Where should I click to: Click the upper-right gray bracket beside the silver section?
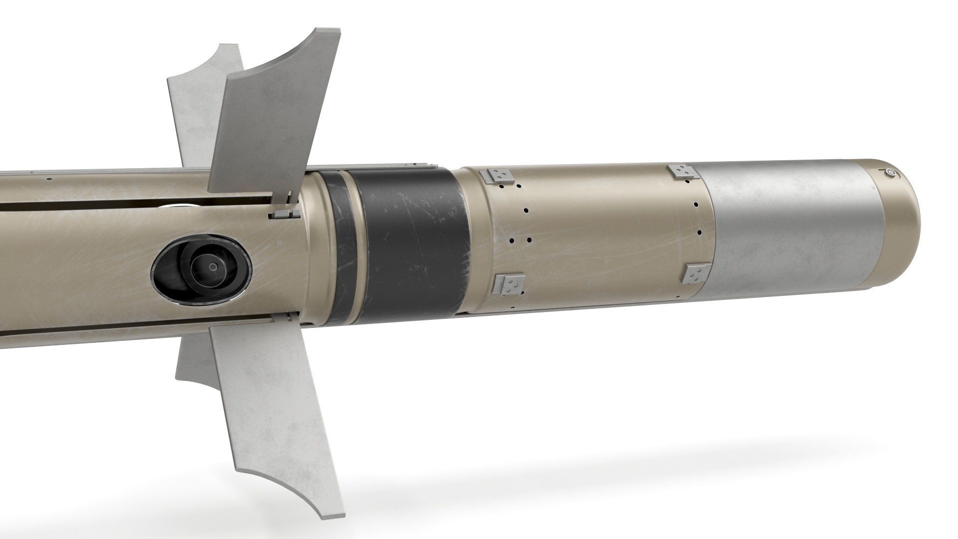pos(682,171)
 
